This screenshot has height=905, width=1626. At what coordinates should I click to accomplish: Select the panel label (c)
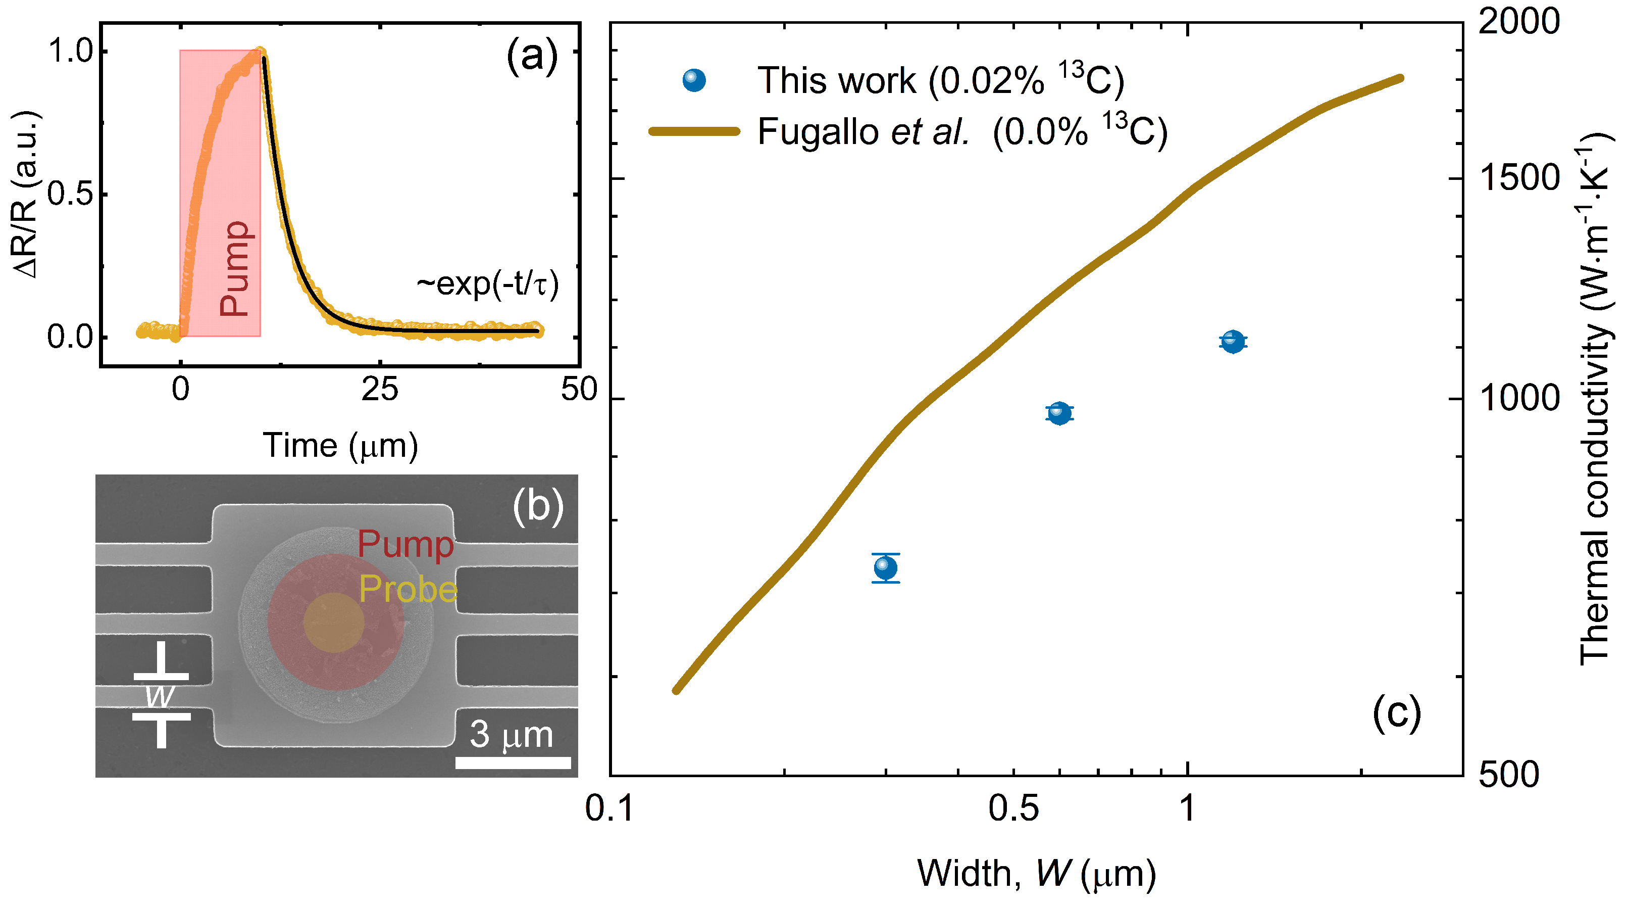(1396, 713)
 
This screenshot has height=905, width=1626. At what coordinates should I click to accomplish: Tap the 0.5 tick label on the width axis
(1013, 808)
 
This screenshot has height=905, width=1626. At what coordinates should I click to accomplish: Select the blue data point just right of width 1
(1233, 342)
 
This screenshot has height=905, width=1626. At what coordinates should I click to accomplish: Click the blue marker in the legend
(694, 80)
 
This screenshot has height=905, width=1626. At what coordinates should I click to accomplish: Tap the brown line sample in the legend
(694, 131)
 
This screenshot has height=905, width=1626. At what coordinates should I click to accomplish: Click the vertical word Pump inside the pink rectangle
(235, 268)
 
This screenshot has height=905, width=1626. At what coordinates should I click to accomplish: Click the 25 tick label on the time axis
(379, 390)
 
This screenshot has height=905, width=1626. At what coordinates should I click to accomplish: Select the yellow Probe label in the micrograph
(408, 589)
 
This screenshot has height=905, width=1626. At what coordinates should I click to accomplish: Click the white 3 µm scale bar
(513, 763)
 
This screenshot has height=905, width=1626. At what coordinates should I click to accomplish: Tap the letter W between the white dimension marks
(160, 697)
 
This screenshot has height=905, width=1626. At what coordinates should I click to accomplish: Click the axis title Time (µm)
(340, 446)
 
